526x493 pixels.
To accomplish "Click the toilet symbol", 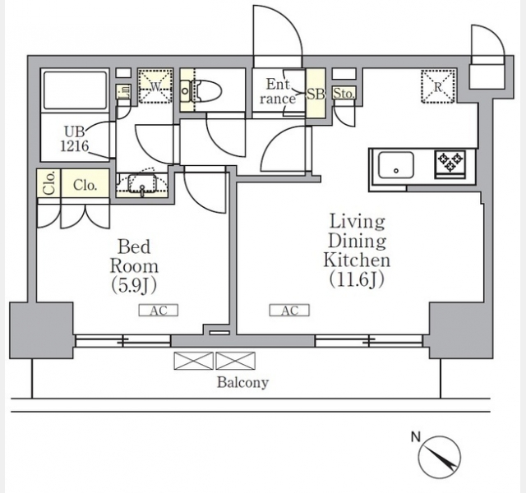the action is (x=201, y=90).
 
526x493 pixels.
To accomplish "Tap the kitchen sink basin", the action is (x=396, y=165).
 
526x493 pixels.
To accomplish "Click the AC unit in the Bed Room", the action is (x=159, y=311).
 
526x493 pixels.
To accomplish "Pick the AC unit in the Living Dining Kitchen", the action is (x=289, y=311).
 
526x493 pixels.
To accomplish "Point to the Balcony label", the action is (x=243, y=382).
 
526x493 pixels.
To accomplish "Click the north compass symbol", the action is (x=439, y=457).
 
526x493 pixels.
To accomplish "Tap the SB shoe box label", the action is (x=316, y=94).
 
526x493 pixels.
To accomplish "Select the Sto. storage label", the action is (x=344, y=94).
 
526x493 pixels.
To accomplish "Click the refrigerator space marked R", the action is (x=438, y=86).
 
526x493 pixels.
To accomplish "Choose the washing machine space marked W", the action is (x=155, y=86).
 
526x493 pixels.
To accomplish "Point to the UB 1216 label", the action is (x=75, y=139).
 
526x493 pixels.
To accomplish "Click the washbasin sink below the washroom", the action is (x=142, y=184).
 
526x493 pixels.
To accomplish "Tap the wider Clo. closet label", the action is (x=85, y=185).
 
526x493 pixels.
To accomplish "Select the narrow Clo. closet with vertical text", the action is (x=49, y=182).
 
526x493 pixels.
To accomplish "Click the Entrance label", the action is (x=278, y=91).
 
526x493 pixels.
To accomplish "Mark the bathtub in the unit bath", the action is (x=75, y=90).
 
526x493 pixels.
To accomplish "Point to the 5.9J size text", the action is (x=134, y=286).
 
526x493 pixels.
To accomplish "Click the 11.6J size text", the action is (x=357, y=279).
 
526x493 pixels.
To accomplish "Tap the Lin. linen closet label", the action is (x=122, y=91).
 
